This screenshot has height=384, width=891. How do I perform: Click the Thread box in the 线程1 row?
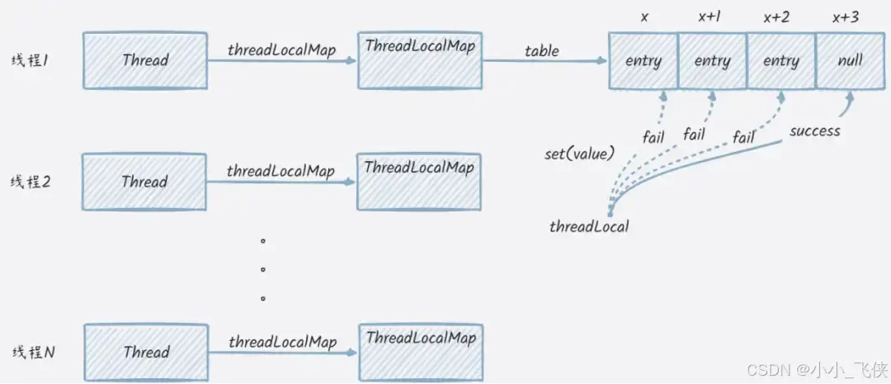point(144,60)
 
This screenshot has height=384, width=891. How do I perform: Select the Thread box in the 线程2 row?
point(144,182)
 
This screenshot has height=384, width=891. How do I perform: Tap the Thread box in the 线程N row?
point(146,352)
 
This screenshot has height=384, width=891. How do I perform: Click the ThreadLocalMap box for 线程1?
point(420,60)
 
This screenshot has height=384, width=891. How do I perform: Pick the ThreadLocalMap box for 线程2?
point(419,181)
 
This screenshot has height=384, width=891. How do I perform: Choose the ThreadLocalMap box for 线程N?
point(421,351)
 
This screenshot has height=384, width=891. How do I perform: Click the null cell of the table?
point(850,61)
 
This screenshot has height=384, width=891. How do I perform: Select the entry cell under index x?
point(643,61)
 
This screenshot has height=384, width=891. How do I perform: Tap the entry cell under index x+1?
point(712,61)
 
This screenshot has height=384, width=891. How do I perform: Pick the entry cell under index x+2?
point(780,61)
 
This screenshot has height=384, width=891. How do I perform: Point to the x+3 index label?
point(846,16)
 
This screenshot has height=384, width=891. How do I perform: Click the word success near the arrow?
point(814,130)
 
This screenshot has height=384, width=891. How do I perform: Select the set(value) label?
point(579,154)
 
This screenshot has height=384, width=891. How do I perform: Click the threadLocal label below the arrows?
point(589,226)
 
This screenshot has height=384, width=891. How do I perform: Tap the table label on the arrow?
point(541,51)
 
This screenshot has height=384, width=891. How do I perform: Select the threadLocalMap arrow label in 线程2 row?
point(281,172)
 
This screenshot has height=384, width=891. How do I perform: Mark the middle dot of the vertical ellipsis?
point(263,269)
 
